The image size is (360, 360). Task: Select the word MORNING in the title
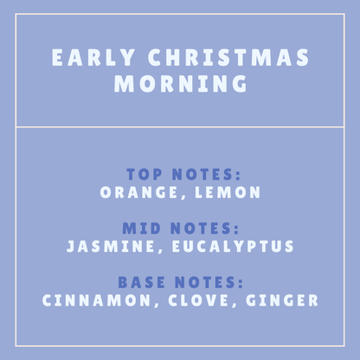[x=180, y=85]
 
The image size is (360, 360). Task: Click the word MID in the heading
[x=143, y=228]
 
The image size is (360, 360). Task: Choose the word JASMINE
[x=106, y=247]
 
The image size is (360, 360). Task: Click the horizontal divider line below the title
[x=180, y=127]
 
